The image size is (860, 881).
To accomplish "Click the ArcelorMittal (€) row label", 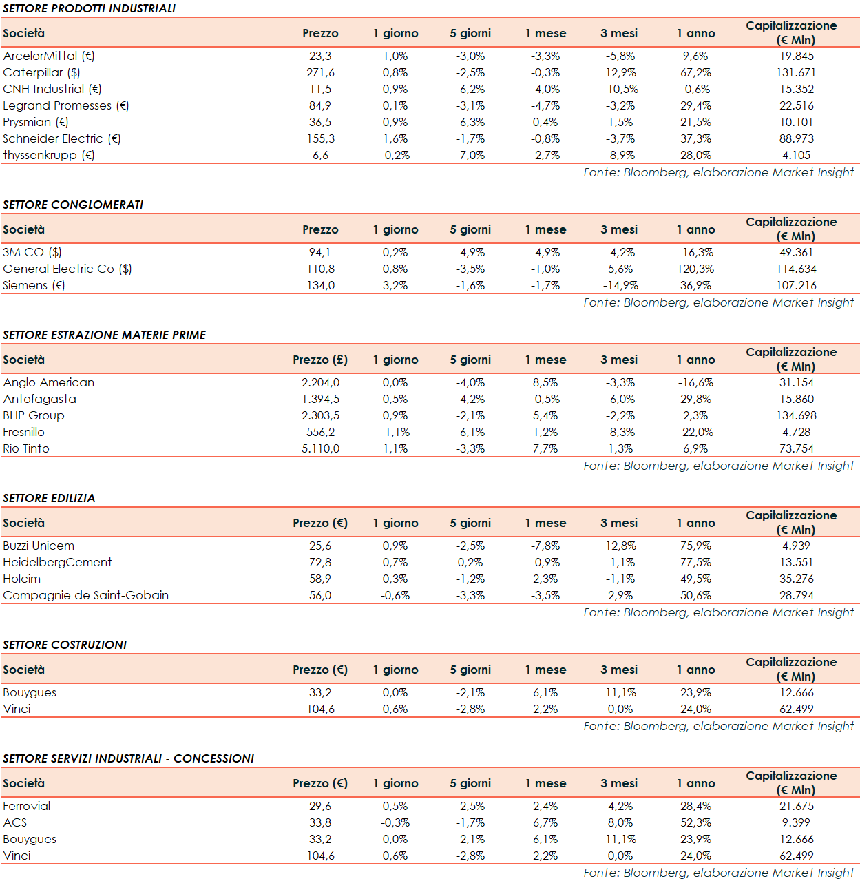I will pos(49,56).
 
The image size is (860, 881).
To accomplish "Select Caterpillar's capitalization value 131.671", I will pos(796,72).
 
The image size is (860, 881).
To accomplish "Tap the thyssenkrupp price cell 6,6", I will pos(320,155).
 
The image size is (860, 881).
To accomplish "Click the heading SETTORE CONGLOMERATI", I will pos(73,205).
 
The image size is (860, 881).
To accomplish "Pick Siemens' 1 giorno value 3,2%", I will pos(395,285).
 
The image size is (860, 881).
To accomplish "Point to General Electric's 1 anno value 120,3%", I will pos(695,269).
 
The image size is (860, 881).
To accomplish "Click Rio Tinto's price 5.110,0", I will pos(320,448).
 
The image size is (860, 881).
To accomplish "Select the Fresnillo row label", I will pos(24,432).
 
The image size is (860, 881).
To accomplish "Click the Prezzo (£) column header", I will pos(320,360).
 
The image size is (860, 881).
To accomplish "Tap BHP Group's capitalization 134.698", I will pos(796,415).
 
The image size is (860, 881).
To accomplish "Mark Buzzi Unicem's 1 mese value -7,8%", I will pos(545,546).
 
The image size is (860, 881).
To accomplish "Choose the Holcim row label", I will pos(22,579).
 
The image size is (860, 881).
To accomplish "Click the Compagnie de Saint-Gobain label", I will pos(86,595).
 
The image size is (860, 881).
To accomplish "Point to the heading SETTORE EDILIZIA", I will pos(49,498).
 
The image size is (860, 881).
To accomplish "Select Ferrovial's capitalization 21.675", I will pos(796,806).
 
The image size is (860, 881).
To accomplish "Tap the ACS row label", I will pos(15,822).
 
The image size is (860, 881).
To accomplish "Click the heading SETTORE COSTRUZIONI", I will pos(65,645).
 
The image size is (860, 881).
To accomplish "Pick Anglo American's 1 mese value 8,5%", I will pos(545,382).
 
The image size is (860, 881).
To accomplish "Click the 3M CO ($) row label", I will pos(32,252).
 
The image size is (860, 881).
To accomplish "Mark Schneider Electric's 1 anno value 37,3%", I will pos(695,138).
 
